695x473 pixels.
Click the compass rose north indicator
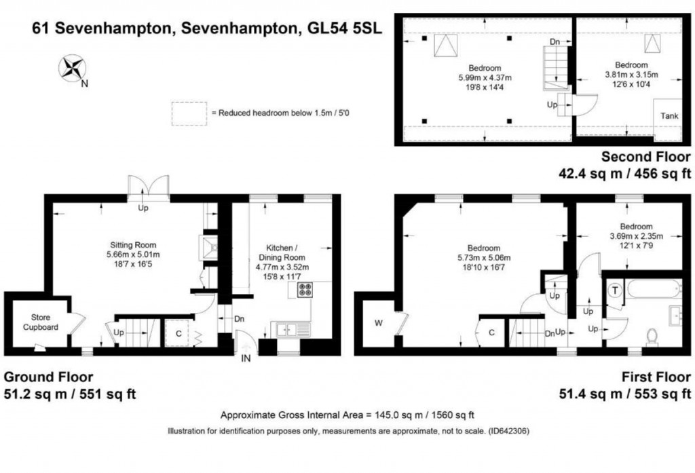pos(72,69)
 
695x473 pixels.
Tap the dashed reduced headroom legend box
pos(189,113)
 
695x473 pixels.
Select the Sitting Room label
pos(134,245)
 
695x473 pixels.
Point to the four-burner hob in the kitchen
pos(303,290)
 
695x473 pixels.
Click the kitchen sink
pos(288,330)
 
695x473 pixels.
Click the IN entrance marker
pos(246,359)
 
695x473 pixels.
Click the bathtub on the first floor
pos(653,290)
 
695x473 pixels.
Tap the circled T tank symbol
pos(615,290)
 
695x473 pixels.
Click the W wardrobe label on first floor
pos(378,323)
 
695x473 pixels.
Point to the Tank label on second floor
pos(669,116)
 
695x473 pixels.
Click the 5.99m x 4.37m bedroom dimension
pos(485,78)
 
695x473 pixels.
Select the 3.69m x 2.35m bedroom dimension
pos(635,236)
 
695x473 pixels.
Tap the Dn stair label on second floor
pos(555,42)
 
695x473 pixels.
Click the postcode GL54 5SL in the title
pos(341,29)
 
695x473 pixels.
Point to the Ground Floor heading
pos(48,377)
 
